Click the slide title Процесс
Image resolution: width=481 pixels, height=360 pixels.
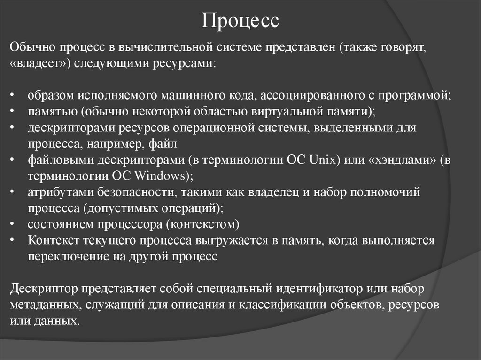point(240,21)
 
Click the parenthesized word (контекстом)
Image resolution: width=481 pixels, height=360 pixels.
point(202,224)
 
